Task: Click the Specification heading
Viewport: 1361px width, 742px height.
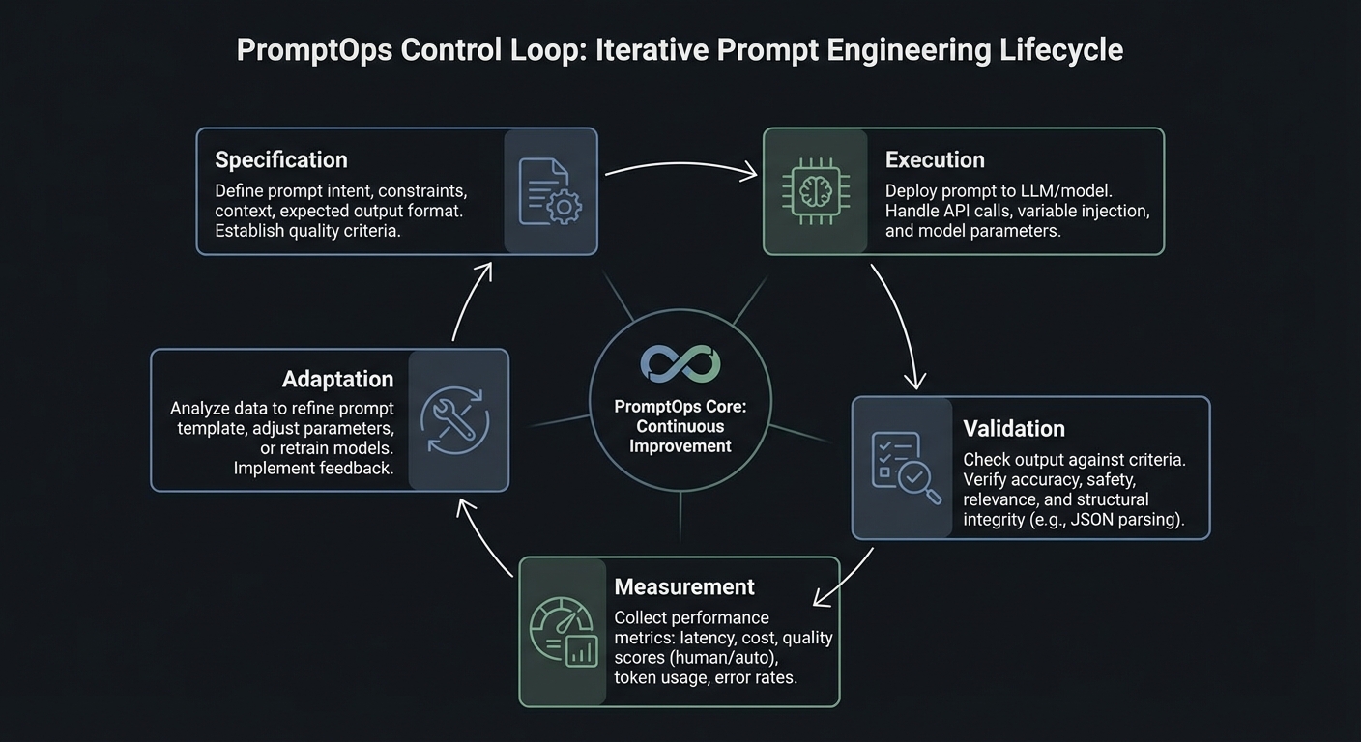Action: [281, 160]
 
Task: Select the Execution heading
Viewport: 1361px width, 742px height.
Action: [935, 160]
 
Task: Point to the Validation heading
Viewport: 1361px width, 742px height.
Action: [1014, 429]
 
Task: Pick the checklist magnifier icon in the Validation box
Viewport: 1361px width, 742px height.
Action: [905, 468]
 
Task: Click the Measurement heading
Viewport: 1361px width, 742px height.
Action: [684, 587]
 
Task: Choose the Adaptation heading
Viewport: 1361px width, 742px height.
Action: [337, 380]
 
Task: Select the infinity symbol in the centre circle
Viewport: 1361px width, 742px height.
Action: [680, 364]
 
